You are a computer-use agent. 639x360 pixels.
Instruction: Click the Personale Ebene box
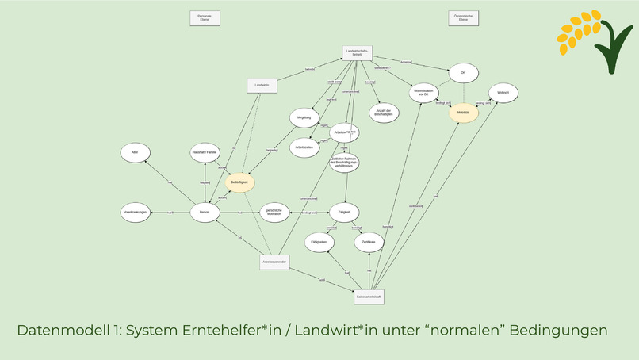click(x=205, y=17)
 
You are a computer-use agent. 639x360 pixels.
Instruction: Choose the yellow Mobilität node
click(x=463, y=113)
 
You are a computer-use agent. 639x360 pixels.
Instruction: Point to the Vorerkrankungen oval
click(x=136, y=213)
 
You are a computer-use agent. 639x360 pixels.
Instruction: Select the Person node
click(x=205, y=213)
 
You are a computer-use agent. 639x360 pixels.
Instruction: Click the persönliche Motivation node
click(x=274, y=213)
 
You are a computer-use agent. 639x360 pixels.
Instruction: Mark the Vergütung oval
click(x=304, y=117)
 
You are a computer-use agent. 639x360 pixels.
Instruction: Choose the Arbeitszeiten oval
click(x=304, y=147)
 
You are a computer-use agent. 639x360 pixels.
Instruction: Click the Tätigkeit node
click(x=344, y=212)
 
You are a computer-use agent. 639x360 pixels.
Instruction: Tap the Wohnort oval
click(x=503, y=94)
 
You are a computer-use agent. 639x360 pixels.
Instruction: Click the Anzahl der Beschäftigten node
click(x=384, y=112)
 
